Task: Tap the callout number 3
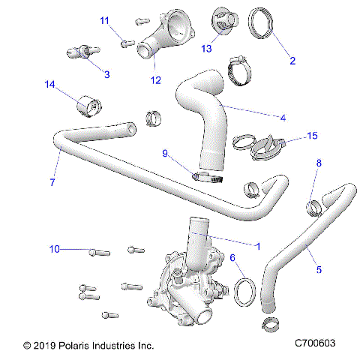point(107,74)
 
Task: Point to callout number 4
point(283,117)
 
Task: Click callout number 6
point(233,258)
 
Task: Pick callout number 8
point(319,163)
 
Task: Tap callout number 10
point(54,248)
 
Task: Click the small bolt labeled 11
point(126,43)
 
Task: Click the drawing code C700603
point(315,344)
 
